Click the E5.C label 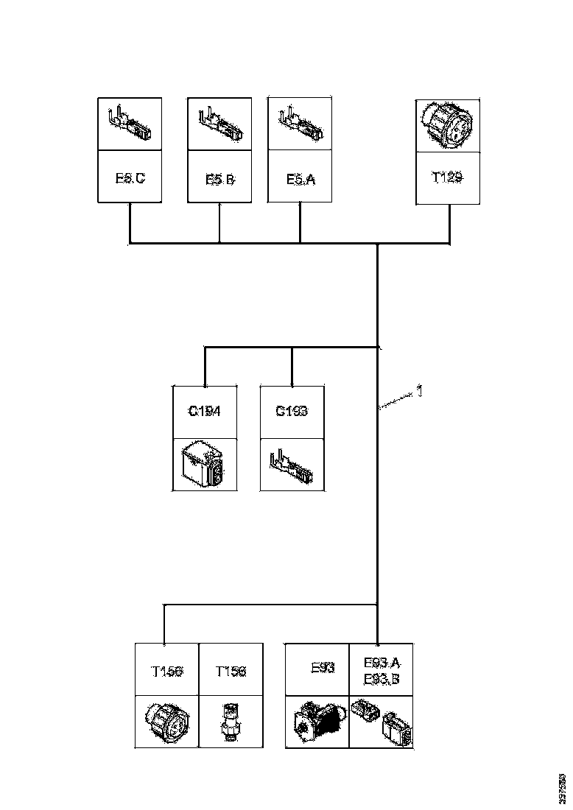pyautogui.click(x=130, y=177)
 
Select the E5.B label pyautogui.click(x=219, y=177)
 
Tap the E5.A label pyautogui.click(x=300, y=177)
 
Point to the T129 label pyautogui.click(x=447, y=177)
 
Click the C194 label pyautogui.click(x=204, y=411)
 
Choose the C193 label pyautogui.click(x=292, y=411)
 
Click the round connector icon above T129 pyautogui.click(x=447, y=126)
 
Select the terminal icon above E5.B pyautogui.click(x=219, y=124)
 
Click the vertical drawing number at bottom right pyautogui.click(x=563, y=789)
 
